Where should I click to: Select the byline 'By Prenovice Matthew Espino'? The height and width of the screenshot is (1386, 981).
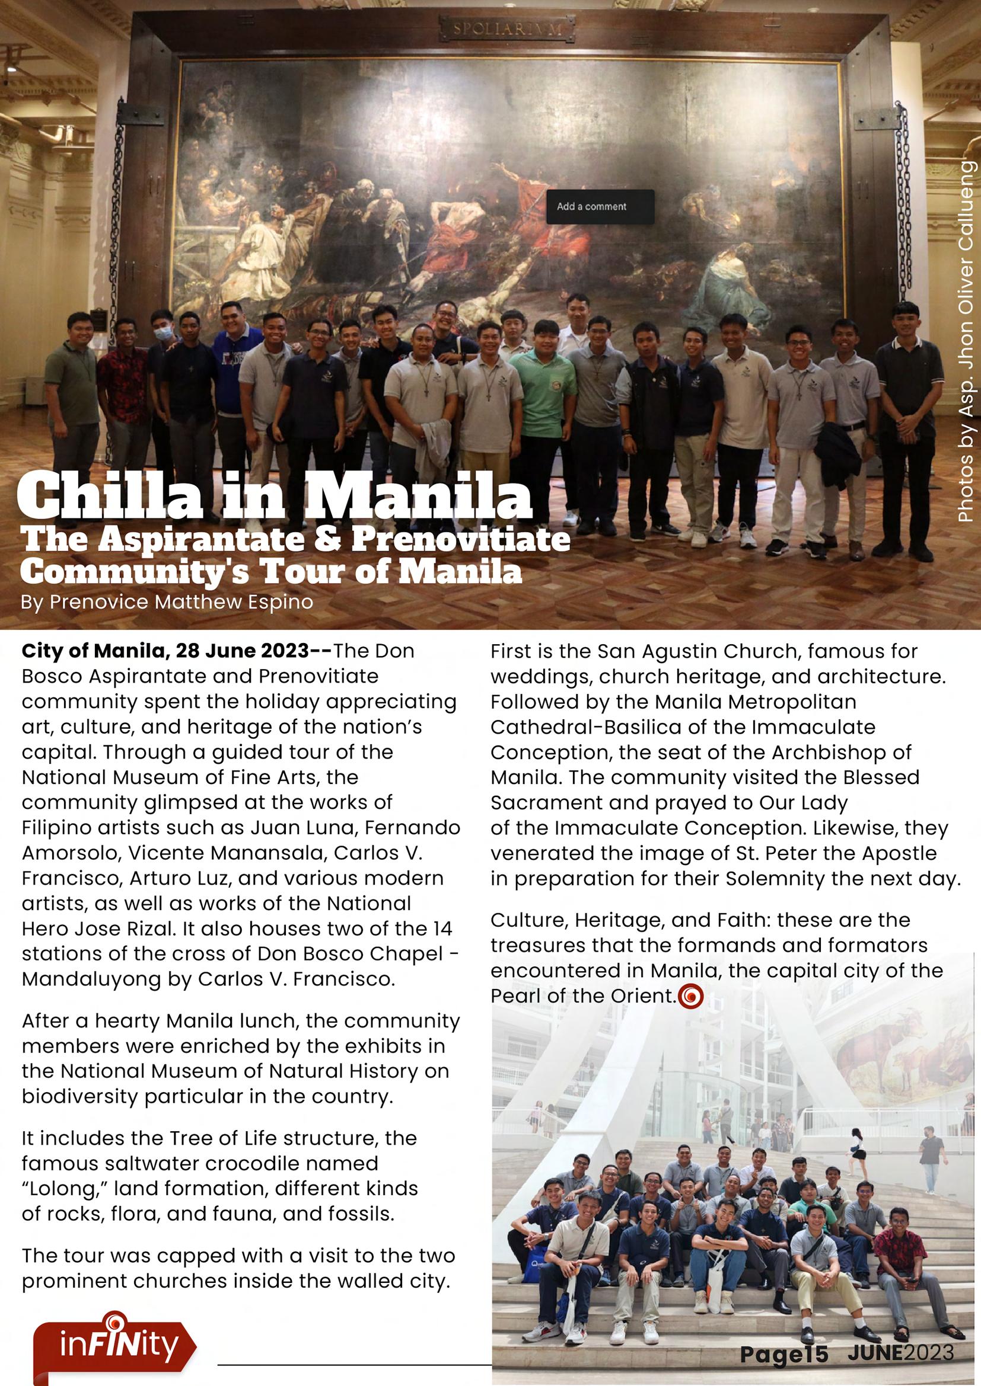coord(167,603)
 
